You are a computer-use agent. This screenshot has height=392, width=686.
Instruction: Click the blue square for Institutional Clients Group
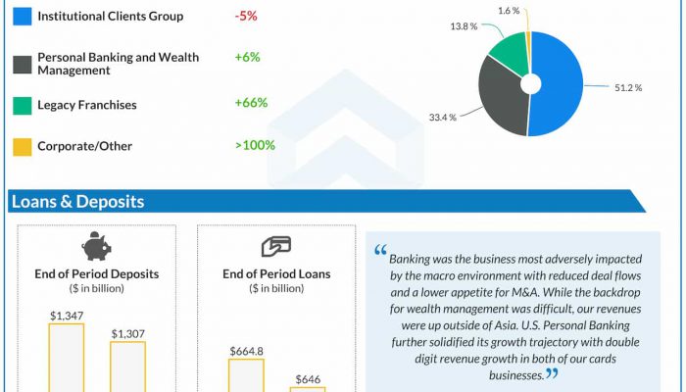(x=20, y=17)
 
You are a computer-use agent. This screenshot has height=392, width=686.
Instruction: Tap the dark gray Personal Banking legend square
(x=20, y=64)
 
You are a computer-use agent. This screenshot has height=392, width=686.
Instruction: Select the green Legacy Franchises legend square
(x=20, y=104)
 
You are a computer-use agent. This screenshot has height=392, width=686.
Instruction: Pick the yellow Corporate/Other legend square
(x=20, y=146)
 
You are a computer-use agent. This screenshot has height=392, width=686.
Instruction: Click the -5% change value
(x=246, y=17)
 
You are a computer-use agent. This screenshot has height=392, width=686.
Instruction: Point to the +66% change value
(x=251, y=104)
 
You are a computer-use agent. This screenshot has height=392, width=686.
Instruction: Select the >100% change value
(x=255, y=146)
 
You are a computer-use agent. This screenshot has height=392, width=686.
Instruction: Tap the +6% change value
(x=247, y=58)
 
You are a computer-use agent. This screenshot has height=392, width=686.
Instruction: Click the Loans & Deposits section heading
(x=77, y=202)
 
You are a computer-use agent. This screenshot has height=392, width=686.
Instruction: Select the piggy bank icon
(x=96, y=246)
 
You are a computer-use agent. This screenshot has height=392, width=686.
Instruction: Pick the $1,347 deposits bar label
(x=66, y=316)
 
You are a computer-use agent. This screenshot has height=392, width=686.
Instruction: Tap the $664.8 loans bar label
(x=246, y=351)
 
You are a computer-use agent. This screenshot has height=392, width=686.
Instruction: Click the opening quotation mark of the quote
(x=379, y=251)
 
